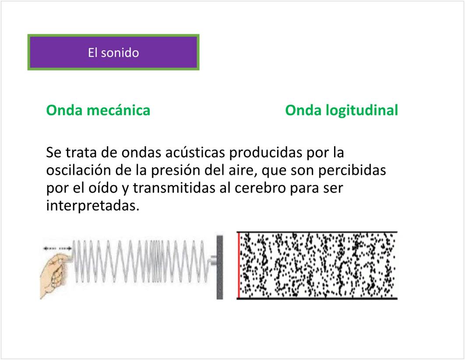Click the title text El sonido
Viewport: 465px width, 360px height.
113,53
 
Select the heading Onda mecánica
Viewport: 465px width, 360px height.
98,110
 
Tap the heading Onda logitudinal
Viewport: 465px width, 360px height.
342,110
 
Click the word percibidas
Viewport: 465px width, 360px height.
352,170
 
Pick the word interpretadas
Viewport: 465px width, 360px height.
92,206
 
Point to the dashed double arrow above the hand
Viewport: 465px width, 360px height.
57,248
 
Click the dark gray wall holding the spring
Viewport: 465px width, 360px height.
220,267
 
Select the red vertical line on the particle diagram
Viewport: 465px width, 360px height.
239,265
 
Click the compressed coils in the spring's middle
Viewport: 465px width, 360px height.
156,261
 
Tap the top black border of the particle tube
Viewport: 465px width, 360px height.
317,232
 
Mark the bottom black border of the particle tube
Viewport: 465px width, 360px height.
317,298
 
